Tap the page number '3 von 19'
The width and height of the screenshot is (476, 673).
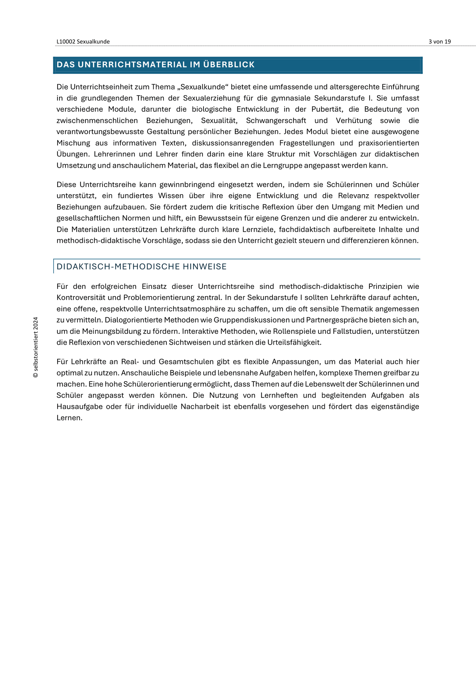[440, 42]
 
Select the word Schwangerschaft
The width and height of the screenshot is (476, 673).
[276, 121]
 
